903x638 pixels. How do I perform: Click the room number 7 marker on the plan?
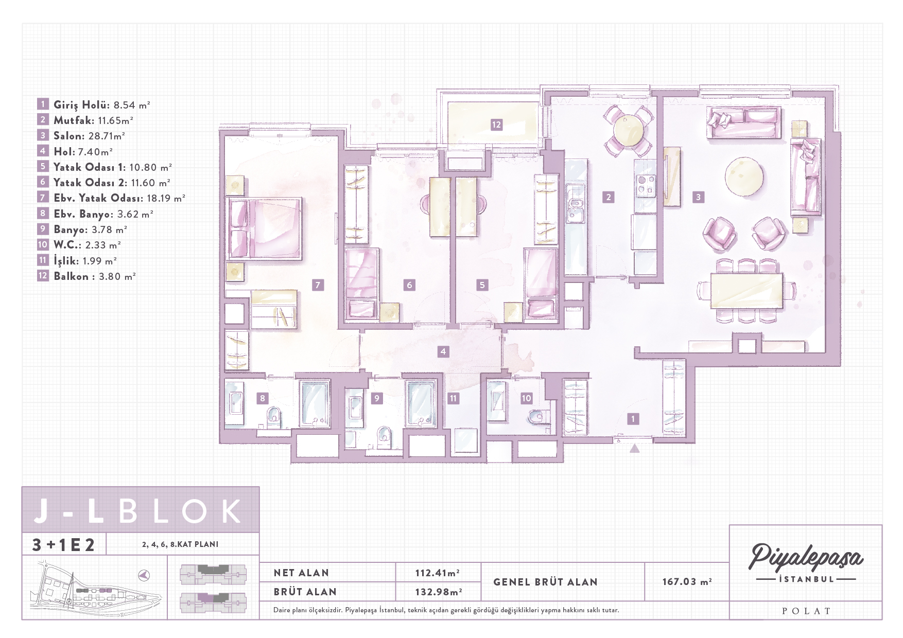318,285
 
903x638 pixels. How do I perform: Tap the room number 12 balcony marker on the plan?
496,125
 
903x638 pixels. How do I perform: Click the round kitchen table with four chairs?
628,131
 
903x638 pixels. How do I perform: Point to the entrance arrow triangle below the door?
635,448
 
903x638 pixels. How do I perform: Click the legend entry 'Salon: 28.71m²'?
89,136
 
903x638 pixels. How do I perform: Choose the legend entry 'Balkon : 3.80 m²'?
95,276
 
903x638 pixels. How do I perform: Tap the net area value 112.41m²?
438,573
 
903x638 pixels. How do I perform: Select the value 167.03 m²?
687,581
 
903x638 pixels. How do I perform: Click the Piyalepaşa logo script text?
806,558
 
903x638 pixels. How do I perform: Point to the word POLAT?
806,611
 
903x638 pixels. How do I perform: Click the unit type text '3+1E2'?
63,544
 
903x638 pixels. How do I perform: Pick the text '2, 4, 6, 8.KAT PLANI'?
180,544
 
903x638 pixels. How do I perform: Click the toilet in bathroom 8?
274,416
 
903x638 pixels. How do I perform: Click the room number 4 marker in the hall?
443,352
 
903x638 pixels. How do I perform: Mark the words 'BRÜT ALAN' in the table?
305,592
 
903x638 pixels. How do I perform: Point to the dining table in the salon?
746,291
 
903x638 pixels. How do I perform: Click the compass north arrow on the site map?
144,575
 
